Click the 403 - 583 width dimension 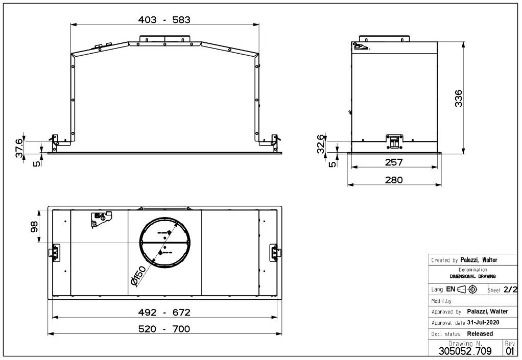pos(164,20)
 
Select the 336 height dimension pos(459,98)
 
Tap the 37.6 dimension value pos(19,148)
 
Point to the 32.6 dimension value pos(320,143)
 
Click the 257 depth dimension pos(394,162)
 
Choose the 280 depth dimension pos(394,180)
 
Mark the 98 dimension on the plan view pos(34,227)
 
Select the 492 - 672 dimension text pos(164,313)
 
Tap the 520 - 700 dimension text pos(164,329)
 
